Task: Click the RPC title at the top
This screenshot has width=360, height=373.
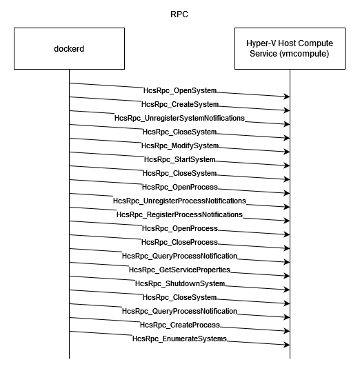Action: [179, 14]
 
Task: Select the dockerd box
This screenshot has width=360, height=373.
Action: [69, 48]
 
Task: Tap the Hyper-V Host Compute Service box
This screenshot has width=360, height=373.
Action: [290, 48]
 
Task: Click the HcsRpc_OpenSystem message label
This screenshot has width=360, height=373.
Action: [180, 90]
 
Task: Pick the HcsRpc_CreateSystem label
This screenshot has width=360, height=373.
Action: [180, 104]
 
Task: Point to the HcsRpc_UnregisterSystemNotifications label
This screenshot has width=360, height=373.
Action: [179, 118]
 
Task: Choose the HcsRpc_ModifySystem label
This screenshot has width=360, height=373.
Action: [180, 146]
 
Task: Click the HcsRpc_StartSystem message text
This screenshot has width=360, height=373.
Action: [179, 160]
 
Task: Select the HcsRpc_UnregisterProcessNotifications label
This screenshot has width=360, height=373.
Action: [179, 201]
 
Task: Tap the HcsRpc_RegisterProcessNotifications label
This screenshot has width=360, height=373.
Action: [179, 215]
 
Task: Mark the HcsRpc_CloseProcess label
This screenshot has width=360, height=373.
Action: [179, 243]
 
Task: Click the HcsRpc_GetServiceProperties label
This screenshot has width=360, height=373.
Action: [179, 270]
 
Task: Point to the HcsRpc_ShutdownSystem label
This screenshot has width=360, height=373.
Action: [180, 284]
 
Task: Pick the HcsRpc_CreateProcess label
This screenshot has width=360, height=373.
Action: [180, 325]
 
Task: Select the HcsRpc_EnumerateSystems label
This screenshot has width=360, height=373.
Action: [179, 339]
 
